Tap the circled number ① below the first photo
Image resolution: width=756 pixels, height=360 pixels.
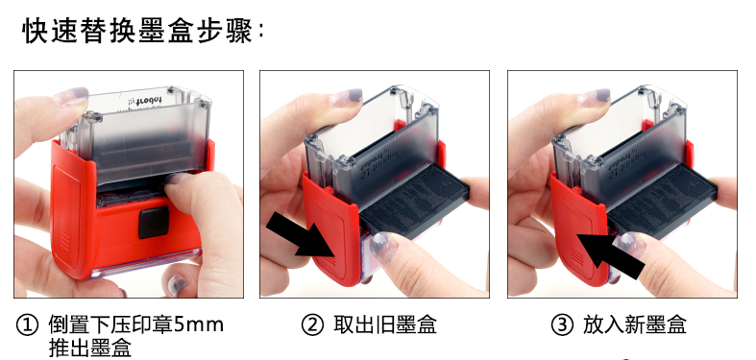27,325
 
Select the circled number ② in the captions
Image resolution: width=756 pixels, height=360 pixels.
313,325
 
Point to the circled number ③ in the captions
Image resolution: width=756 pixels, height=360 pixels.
562,325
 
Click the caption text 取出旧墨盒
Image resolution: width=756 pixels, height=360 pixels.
385,325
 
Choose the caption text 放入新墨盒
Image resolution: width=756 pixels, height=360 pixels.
635,325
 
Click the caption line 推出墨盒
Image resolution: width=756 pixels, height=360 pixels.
89,348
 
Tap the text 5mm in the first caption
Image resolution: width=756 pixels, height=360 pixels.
198,325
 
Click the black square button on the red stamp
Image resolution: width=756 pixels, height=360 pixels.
154,222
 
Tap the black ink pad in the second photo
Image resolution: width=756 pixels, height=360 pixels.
415,203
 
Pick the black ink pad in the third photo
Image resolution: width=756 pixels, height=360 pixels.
663,203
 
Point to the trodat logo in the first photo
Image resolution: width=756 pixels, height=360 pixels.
145,101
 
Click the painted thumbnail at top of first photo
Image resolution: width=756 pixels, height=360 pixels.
70,96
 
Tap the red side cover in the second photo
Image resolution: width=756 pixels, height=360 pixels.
331,230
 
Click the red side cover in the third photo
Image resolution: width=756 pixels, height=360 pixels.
579,230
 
